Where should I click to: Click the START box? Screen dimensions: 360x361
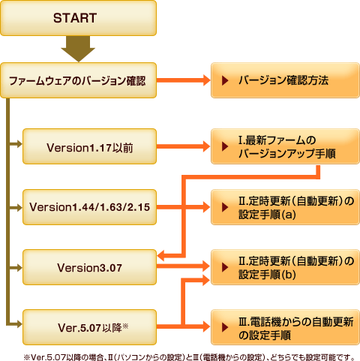(78, 18)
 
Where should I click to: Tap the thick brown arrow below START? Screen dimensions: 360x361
(78, 49)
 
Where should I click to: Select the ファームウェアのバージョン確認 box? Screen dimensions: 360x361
(78, 80)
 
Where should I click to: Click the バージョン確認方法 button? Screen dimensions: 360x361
(285, 80)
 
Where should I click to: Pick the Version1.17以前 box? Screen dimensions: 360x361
(89, 146)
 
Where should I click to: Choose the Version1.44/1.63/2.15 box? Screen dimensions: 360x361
(89, 207)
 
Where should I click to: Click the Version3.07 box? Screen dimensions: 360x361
(89, 267)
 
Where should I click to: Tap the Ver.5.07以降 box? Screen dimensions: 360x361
(89, 327)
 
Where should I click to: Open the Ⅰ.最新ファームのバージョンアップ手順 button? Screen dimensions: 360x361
(285, 146)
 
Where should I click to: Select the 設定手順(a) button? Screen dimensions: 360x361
(285, 207)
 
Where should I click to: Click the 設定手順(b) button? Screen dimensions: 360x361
(285, 267)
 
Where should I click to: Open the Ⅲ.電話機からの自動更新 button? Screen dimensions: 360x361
(285, 327)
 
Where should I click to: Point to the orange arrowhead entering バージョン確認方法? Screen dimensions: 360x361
(207, 80)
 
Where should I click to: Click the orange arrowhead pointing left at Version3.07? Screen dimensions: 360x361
(161, 255)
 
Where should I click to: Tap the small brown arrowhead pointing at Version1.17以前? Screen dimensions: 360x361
(19, 144)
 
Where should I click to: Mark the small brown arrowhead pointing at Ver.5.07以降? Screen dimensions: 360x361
(19, 324)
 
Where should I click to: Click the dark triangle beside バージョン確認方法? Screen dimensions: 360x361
(225, 80)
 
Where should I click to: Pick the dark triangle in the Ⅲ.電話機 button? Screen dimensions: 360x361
(225, 327)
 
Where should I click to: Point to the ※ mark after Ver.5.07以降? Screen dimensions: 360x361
(125, 326)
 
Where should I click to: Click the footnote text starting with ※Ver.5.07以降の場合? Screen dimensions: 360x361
(189, 356)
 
